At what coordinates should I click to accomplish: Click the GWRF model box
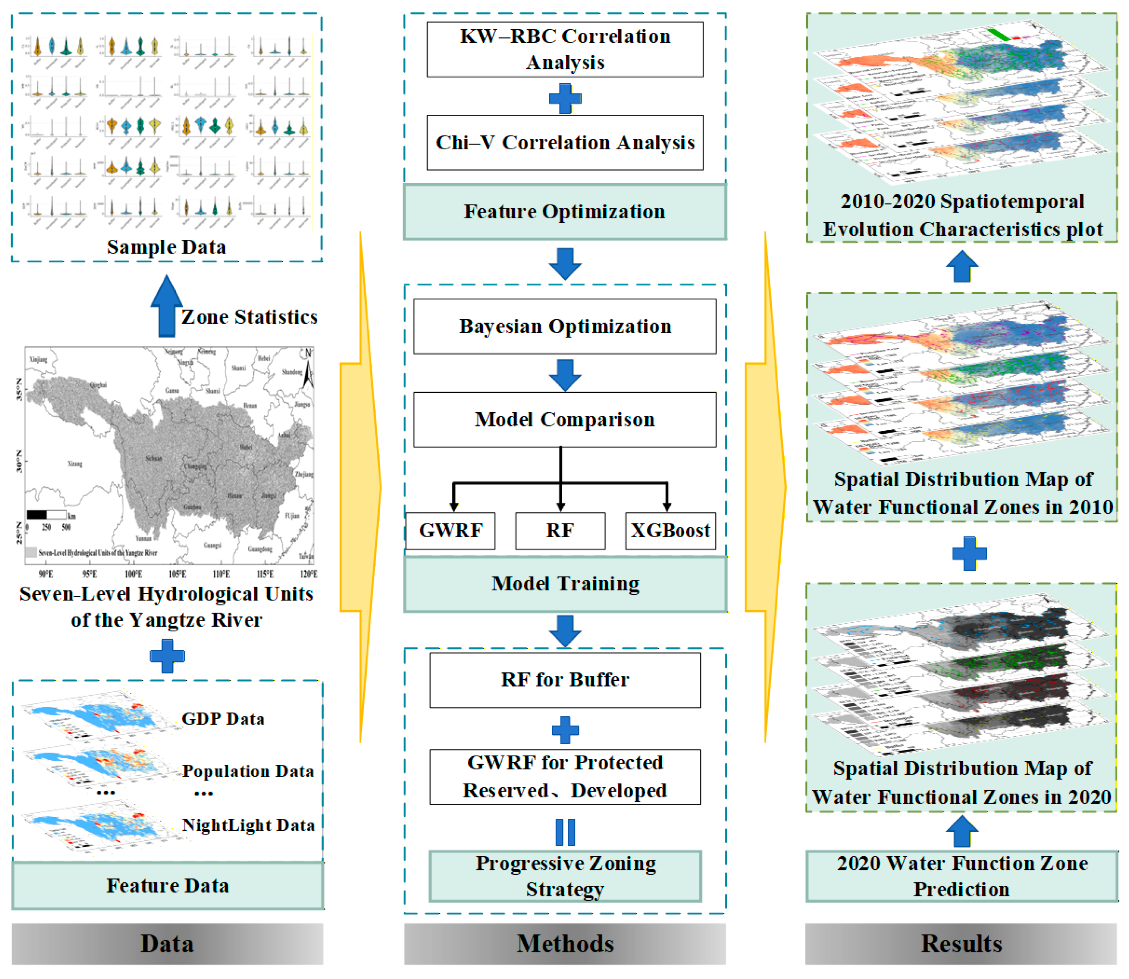point(451,530)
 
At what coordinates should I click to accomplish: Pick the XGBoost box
point(670,530)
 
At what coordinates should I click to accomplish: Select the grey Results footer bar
point(961,943)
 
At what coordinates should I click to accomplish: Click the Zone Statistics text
point(249,317)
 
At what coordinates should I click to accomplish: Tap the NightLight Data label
point(248,825)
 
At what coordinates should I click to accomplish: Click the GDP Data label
point(223,719)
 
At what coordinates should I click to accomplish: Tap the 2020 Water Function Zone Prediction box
point(961,876)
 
